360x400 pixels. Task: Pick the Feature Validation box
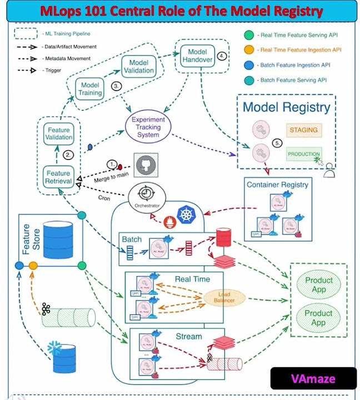pyautogui.click(x=58, y=133)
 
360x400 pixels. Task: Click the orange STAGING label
pyautogui.click(x=303, y=130)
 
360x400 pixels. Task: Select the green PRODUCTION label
pyautogui.click(x=304, y=154)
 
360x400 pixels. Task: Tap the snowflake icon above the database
pyautogui.click(x=54, y=348)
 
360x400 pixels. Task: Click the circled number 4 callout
pyautogui.click(x=222, y=56)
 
